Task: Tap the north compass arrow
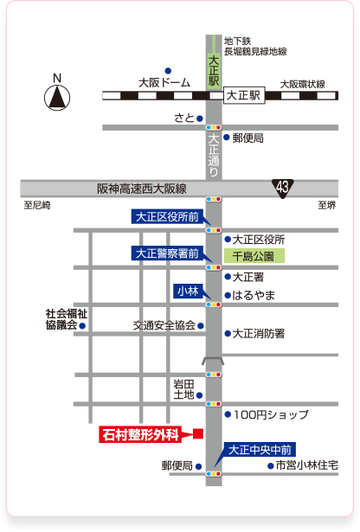57,94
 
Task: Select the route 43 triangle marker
284,188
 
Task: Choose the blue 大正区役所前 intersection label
167,217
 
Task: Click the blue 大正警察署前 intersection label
167,254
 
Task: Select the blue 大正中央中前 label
260,449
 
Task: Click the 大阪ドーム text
164,83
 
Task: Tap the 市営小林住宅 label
306,465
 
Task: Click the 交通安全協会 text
163,326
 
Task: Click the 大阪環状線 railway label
302,84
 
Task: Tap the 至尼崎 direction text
38,206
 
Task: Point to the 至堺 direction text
326,206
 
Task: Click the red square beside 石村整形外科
197,434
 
